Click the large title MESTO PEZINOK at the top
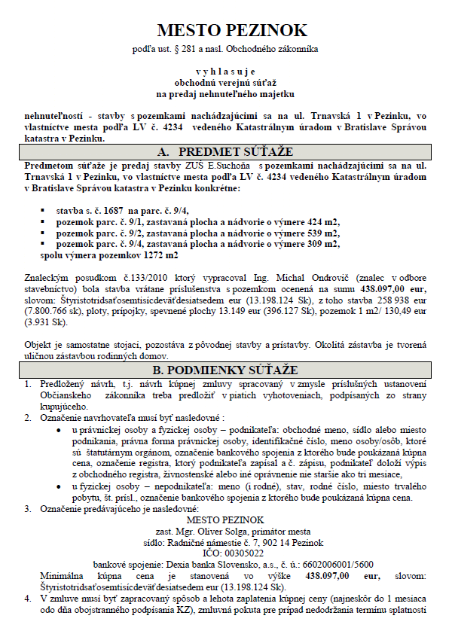click(x=232, y=30)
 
